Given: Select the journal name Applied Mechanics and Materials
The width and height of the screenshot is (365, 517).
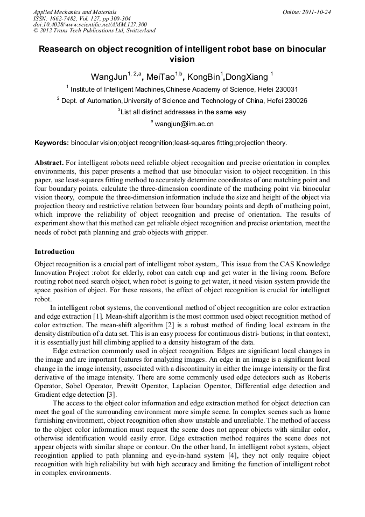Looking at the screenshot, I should pos(74,11).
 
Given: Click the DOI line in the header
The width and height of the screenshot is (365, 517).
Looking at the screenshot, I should pos(90,24).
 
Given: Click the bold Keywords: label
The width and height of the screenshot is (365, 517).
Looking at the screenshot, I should pos(52,143).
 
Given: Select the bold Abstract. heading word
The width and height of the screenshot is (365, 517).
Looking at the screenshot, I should pos(50,163).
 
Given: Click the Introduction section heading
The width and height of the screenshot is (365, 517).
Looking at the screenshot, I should pos(54,252).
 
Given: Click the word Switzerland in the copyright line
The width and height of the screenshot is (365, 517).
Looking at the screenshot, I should pos(136,31).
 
